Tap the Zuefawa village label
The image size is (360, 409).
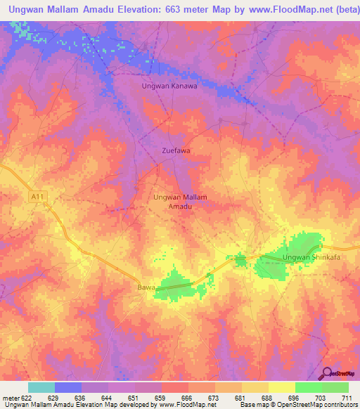click(x=176, y=150)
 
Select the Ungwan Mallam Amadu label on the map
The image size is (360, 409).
click(x=180, y=202)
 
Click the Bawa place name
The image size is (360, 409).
click(x=146, y=287)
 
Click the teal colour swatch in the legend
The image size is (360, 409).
click(x=41, y=387)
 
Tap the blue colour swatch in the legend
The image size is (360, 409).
click(x=68, y=387)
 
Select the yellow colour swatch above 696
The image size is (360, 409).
click(x=281, y=387)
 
